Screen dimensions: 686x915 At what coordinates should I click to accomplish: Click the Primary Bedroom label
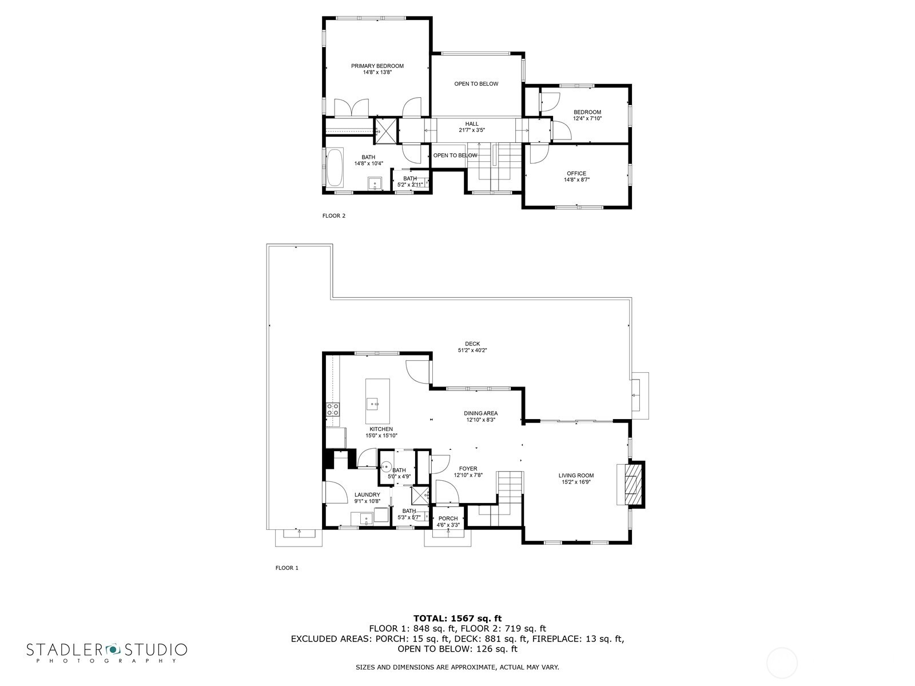pyautogui.click(x=377, y=66)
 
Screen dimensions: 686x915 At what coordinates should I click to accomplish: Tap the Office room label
pyautogui.click(x=576, y=173)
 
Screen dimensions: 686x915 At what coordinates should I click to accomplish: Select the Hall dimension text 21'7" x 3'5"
pyautogui.click(x=472, y=130)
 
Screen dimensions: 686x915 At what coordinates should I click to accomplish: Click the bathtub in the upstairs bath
pyautogui.click(x=335, y=167)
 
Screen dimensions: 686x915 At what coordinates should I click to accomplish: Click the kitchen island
pyautogui.click(x=377, y=401)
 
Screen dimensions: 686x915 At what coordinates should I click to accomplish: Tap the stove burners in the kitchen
pyautogui.click(x=333, y=409)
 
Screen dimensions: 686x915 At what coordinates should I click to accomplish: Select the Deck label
pyautogui.click(x=472, y=344)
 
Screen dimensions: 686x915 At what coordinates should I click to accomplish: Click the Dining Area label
pyautogui.click(x=480, y=413)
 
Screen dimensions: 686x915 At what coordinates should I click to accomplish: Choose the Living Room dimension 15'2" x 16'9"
pyautogui.click(x=576, y=482)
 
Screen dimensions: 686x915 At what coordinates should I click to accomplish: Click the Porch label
pyautogui.click(x=448, y=519)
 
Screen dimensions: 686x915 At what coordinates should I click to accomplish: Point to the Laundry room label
pyautogui.click(x=367, y=494)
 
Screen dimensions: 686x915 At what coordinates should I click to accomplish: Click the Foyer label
pyautogui.click(x=468, y=469)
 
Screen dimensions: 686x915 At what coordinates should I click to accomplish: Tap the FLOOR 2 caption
pyautogui.click(x=334, y=216)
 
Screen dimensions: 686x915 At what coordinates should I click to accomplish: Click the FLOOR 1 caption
pyautogui.click(x=287, y=568)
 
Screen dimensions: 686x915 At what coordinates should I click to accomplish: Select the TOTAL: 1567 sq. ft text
pyautogui.click(x=457, y=618)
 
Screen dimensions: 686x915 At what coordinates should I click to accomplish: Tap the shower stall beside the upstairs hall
pyautogui.click(x=385, y=131)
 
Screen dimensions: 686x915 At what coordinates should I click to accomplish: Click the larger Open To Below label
pyautogui.click(x=476, y=84)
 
